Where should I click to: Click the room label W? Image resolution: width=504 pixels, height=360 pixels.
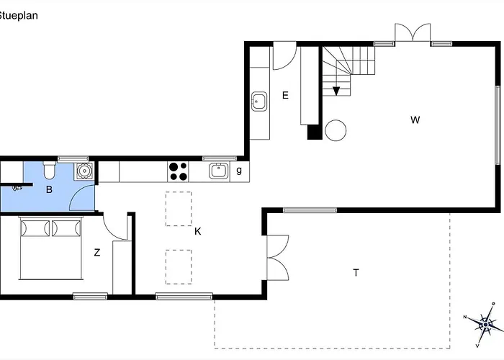click(415, 120)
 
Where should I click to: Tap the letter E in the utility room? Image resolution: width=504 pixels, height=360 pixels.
click(285, 95)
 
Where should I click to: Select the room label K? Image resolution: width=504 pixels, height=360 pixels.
click(198, 231)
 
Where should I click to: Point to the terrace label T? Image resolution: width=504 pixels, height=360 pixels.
click(356, 273)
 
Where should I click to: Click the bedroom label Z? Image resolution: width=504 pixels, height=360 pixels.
click(96, 253)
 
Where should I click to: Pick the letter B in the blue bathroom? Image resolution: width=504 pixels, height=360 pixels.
click(49, 189)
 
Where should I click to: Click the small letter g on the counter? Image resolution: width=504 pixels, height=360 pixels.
click(239, 171)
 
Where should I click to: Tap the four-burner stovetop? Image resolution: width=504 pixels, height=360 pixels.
click(178, 171)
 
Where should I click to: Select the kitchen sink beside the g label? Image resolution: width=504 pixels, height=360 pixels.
click(219, 171)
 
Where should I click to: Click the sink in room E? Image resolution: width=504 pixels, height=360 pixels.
click(259, 102)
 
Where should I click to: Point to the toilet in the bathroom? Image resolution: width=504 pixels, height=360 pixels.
click(50, 171)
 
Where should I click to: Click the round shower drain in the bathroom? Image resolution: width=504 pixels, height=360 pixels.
click(84, 171)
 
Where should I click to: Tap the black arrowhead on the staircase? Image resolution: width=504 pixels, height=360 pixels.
click(336, 91)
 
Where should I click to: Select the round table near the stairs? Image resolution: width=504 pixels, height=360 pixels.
click(336, 130)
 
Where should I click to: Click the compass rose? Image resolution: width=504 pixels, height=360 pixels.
click(485, 325)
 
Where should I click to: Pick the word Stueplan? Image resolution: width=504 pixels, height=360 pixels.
click(18, 15)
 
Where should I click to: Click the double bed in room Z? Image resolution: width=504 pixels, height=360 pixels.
click(51, 248)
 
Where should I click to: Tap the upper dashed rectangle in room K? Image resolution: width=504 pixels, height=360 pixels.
click(179, 209)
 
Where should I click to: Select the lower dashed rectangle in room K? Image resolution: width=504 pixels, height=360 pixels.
click(179, 267)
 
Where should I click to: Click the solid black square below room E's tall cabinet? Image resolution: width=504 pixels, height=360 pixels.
click(315, 132)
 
